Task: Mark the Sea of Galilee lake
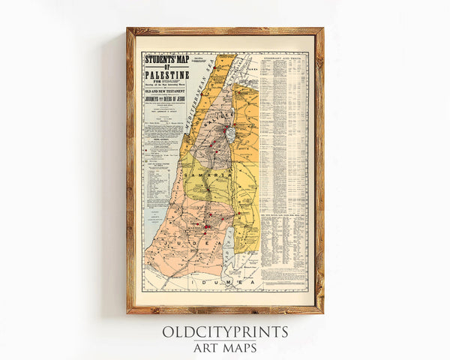point(230,133)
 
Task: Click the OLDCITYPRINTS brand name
point(225,332)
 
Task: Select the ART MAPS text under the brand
point(225,348)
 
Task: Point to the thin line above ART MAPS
point(225,340)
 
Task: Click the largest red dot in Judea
point(205,226)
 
